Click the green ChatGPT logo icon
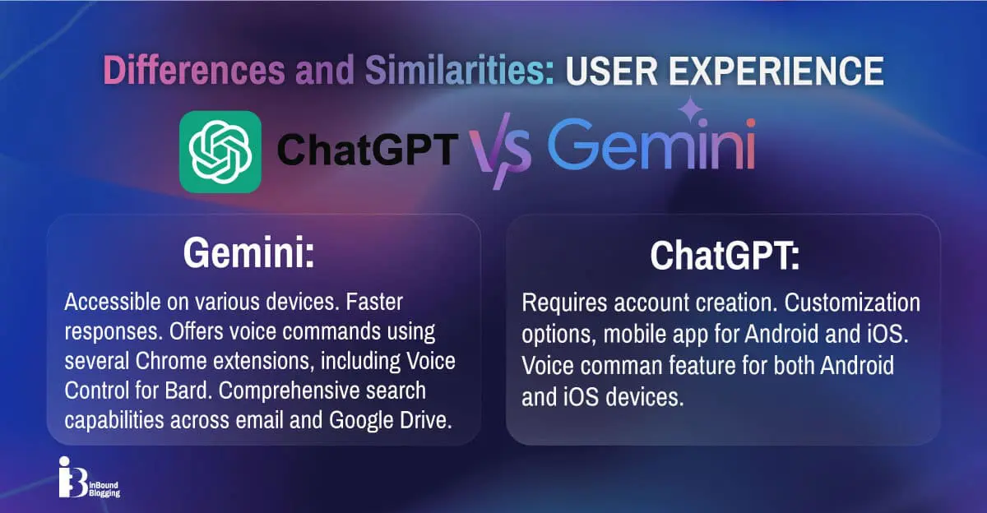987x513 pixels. tap(220, 152)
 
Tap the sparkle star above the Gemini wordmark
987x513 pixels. tap(690, 109)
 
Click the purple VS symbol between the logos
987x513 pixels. tap(500, 150)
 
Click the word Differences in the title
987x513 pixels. tap(194, 70)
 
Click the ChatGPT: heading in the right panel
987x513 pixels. tap(725, 256)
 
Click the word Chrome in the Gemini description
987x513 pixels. tap(171, 361)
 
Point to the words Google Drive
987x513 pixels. tap(391, 421)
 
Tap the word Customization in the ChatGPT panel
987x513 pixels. tap(852, 303)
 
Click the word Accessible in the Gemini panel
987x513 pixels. tap(113, 302)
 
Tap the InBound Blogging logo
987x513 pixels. tap(89, 478)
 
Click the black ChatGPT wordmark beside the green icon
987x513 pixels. tap(368, 150)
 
